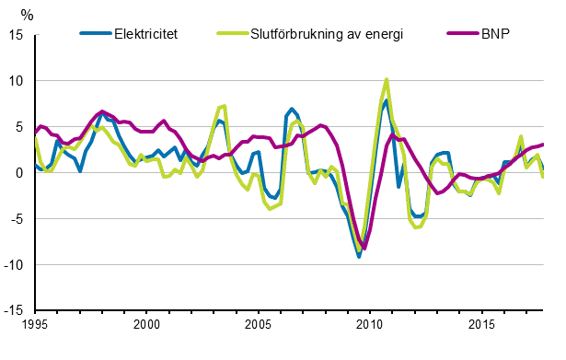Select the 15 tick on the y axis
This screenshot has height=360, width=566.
click(x=16, y=35)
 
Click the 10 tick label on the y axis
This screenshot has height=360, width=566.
click(x=16, y=81)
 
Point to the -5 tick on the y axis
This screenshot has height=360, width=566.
click(x=17, y=219)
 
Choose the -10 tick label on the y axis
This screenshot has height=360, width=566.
click(x=14, y=265)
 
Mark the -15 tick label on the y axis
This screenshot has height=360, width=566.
click(x=14, y=311)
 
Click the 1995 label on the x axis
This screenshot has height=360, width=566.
click(x=35, y=325)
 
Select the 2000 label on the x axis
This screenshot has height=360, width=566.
click(x=146, y=325)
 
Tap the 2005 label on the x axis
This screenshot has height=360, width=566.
click(x=258, y=325)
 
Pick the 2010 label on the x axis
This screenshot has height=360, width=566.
click(x=369, y=325)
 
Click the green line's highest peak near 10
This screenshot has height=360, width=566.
click(x=387, y=80)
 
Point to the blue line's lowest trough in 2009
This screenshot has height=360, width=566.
click(x=359, y=256)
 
